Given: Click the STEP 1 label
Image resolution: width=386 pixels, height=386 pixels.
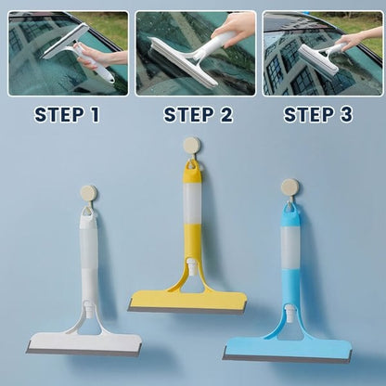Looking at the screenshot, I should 67,115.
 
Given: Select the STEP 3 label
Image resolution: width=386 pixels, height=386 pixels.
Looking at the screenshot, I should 318,115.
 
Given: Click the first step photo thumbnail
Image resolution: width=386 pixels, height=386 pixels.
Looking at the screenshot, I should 68,53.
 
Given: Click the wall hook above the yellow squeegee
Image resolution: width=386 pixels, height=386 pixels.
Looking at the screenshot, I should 192,146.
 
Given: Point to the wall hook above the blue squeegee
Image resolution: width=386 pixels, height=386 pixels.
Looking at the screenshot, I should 289,187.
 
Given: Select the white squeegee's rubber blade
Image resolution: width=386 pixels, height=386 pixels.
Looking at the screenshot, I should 84,348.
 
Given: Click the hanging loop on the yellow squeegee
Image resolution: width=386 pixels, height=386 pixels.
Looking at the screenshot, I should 192,166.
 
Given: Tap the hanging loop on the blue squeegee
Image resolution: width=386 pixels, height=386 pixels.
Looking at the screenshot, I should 290,210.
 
